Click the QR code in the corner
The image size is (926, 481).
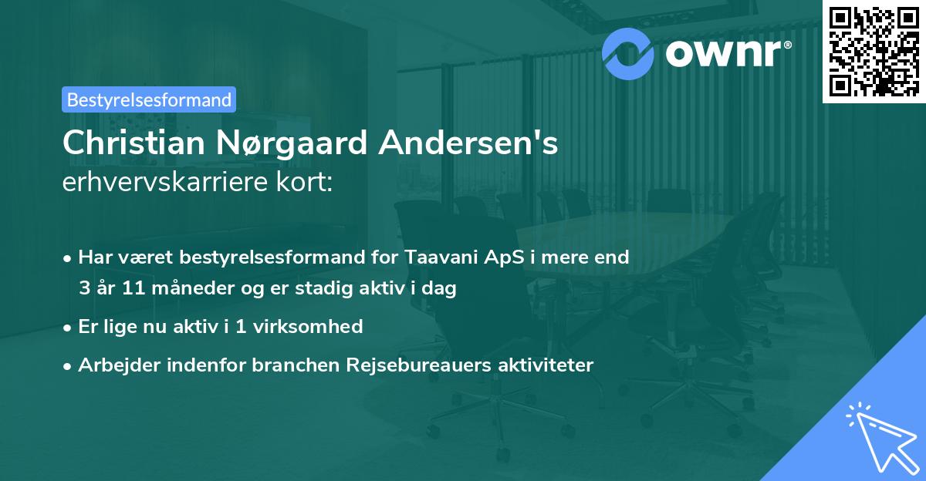(x=874, y=51)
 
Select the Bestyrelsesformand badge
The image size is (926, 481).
(x=149, y=99)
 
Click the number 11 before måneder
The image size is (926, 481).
(x=123, y=289)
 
